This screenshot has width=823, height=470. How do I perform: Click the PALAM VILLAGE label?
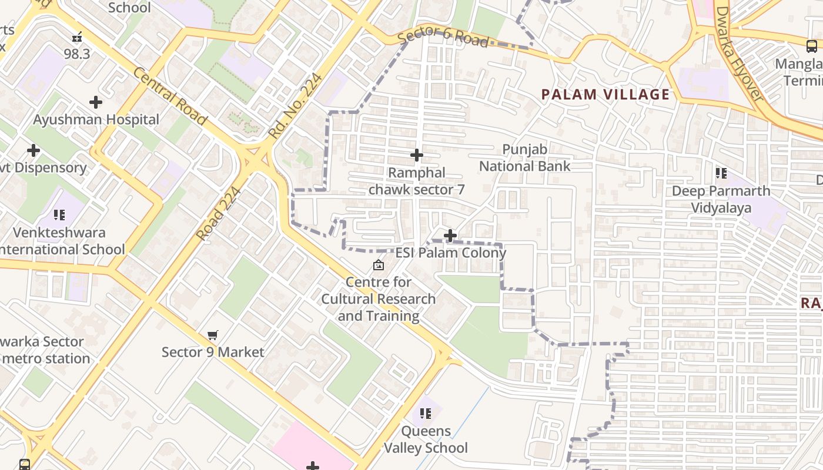coord(605,95)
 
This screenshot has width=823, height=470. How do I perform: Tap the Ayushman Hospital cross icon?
coord(96,102)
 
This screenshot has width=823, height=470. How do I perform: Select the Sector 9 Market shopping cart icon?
coord(213,335)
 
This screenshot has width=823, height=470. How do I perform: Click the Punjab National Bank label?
coord(524,158)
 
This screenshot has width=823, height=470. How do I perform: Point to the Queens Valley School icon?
coord(426,413)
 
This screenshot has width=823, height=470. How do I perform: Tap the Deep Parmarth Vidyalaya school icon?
coord(721,173)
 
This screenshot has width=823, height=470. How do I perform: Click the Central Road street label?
coord(170,96)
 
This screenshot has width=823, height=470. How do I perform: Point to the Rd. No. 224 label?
coord(296,105)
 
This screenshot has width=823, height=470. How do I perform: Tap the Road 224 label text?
coord(218,213)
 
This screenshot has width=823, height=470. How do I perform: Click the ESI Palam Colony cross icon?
coord(450,236)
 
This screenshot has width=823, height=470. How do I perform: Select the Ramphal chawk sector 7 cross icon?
coord(417,155)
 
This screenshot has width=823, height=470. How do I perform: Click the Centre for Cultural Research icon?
coord(379,265)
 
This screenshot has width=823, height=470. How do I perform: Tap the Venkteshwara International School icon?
coord(59,215)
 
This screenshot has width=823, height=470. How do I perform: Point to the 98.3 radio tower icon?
coord(77,38)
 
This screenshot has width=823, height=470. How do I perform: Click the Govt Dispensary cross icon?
coord(34,150)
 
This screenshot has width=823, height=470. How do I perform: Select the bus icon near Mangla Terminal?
coord(811,46)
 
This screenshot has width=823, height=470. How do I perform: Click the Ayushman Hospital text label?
coord(96,120)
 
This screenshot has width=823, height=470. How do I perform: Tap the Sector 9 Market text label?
coord(213,352)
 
